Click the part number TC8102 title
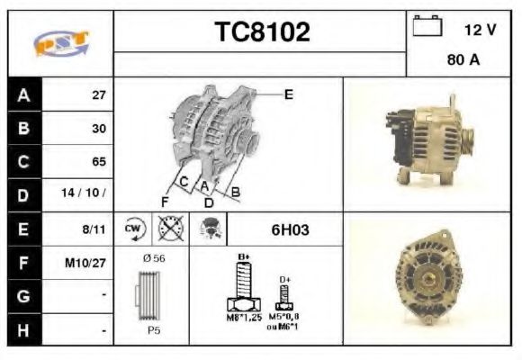pyautogui.click(x=261, y=32)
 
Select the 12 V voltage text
pyautogui.click(x=480, y=30)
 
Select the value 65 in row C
pyautogui.click(x=98, y=162)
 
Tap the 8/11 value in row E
pyautogui.click(x=94, y=229)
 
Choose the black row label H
pyautogui.click(x=23, y=330)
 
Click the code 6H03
pyautogui.click(x=290, y=229)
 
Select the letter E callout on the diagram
pyautogui.click(x=288, y=93)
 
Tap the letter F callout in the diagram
pyautogui.click(x=165, y=202)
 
